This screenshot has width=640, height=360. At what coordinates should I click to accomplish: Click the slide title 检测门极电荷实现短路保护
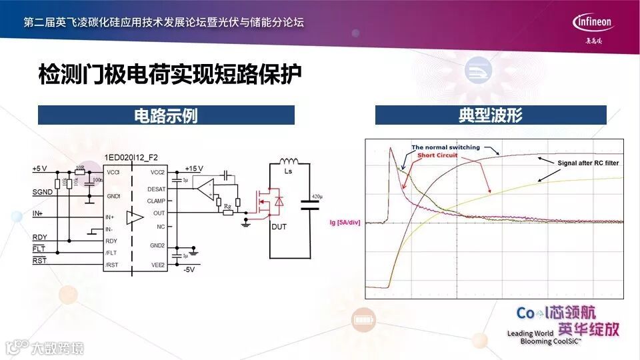(x=170, y=74)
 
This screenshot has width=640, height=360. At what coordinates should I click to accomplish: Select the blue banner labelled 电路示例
(x=166, y=115)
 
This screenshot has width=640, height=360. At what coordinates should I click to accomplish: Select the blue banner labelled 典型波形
(x=490, y=115)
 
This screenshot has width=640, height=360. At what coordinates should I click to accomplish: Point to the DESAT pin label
(x=157, y=189)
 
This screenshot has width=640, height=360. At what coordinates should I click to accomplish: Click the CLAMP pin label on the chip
(x=156, y=201)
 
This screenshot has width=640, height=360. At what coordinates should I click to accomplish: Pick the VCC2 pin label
(x=157, y=172)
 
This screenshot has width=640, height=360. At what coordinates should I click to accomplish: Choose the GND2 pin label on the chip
(x=157, y=245)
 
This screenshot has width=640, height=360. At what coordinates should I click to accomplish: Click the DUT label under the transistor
(x=279, y=227)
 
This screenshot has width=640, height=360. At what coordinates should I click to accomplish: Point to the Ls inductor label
(x=288, y=171)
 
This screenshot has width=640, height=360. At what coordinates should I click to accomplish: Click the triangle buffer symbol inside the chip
(x=135, y=217)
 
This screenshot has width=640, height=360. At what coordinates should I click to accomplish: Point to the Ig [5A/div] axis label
(x=345, y=223)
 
